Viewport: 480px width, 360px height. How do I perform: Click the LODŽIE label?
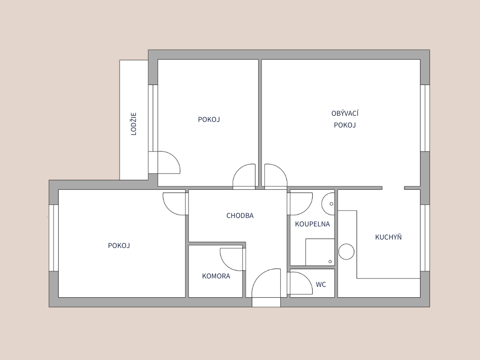coord(134,124)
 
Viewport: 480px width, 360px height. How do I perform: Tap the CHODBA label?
coord(240,216)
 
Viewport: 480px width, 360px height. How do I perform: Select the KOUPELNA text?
coord(312,224)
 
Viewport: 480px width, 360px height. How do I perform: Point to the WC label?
coord(321,285)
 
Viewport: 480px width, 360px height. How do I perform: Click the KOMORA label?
coord(216,276)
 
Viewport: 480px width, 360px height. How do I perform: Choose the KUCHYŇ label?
coord(389,237)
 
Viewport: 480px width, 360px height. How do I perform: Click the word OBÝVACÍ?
coord(345,113)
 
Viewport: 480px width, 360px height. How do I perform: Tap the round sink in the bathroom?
coord(328,203)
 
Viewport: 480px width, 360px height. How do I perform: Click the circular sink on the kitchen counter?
coord(346,252)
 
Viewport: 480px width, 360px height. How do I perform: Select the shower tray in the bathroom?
coord(320,252)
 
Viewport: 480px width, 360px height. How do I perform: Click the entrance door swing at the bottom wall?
coord(266,283)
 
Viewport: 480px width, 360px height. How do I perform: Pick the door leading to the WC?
coord(300,284)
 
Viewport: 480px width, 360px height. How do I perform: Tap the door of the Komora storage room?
coord(232,260)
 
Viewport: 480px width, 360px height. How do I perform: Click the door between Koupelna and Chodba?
coord(300,203)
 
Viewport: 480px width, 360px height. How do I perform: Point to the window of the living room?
coord(425,118)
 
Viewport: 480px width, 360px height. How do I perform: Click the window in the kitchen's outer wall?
coord(425,238)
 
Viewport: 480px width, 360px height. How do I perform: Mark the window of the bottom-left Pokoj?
coord(53,238)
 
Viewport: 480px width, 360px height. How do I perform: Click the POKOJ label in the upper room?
coord(209,120)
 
